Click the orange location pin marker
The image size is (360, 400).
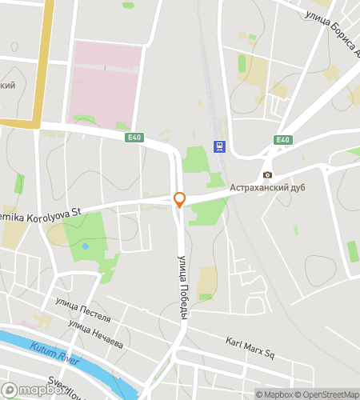tap(179, 199)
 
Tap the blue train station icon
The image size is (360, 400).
tap(218, 146)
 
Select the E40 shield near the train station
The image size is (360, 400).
tap(282, 140)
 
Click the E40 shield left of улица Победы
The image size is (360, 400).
tap(134, 138)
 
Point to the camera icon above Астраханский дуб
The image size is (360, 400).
tap(267, 174)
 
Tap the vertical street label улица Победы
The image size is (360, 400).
tap(182, 287)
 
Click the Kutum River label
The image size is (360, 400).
tap(54, 354)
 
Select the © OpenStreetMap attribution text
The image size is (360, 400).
tap(328, 394)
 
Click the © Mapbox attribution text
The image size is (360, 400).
tap(274, 394)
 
